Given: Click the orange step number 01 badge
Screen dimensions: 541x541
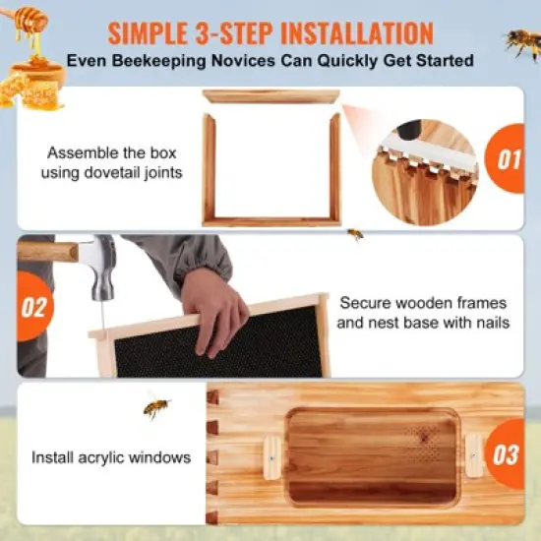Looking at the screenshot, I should pos(508,158).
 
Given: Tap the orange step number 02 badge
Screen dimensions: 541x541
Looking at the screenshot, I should pos(31,307).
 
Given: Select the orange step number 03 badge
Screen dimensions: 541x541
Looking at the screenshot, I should pos(507,454).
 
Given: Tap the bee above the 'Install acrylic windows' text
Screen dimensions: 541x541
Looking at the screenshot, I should pos(154,406).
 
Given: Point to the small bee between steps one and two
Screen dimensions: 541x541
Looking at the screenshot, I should pos(355,234).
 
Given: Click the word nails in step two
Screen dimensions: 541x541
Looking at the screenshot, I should pos(490,323).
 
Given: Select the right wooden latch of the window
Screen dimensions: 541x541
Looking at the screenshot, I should pos(474,454).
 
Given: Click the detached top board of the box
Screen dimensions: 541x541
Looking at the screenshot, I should pos(270,96).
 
